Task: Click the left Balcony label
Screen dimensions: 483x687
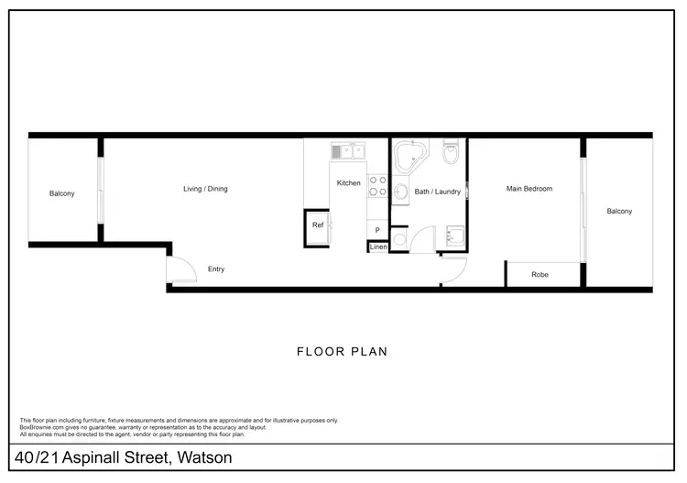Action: pyautogui.click(x=62, y=193)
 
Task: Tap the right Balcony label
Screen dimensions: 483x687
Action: pyautogui.click(x=619, y=212)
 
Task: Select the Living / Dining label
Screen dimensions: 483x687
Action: pyautogui.click(x=205, y=189)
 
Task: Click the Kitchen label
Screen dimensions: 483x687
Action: pyautogui.click(x=348, y=183)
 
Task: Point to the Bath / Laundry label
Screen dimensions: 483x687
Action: pyautogui.click(x=437, y=192)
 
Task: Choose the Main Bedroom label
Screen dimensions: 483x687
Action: pyautogui.click(x=529, y=189)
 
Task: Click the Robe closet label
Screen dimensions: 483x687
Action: pyautogui.click(x=540, y=274)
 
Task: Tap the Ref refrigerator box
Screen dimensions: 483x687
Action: pyautogui.click(x=319, y=225)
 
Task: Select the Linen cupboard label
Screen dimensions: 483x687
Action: pyautogui.click(x=378, y=247)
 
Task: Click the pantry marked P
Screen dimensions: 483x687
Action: pyautogui.click(x=377, y=229)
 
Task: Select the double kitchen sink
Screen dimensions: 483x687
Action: pyautogui.click(x=348, y=150)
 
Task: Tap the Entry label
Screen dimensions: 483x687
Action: pyautogui.click(x=216, y=269)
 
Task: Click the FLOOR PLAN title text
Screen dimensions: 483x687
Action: pyautogui.click(x=343, y=351)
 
